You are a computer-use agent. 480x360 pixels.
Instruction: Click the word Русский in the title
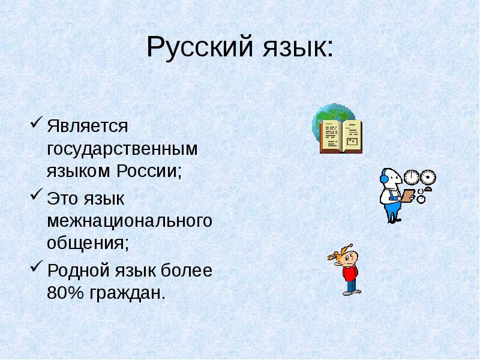(200, 47)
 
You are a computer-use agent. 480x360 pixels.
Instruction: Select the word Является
(87, 126)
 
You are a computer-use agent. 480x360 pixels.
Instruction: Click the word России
(149, 170)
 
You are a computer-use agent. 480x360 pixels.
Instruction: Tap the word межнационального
(130, 221)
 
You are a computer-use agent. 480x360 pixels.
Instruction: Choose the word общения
(88, 244)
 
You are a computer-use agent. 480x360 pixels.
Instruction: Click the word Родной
(78, 271)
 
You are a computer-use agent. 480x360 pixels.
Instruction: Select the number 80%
(65, 293)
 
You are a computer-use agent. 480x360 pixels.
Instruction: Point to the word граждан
(127, 294)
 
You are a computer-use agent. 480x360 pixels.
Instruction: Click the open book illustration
(341, 136)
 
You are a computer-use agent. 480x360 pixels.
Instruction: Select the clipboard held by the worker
(407, 196)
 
